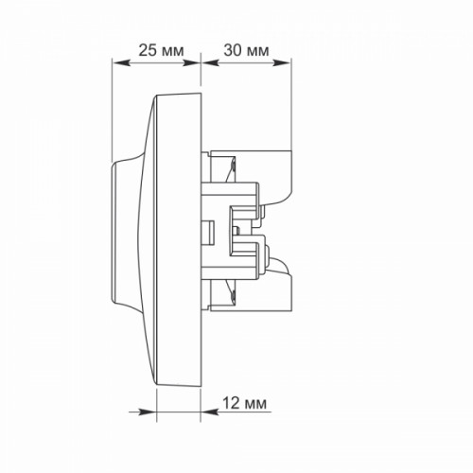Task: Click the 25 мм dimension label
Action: (x=161, y=50)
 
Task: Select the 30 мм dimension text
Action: (x=246, y=50)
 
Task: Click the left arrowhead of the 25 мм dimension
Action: (x=121, y=63)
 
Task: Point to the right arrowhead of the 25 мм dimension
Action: (x=192, y=63)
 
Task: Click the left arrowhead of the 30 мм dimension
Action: (x=210, y=63)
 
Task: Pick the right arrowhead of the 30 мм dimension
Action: (x=281, y=63)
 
